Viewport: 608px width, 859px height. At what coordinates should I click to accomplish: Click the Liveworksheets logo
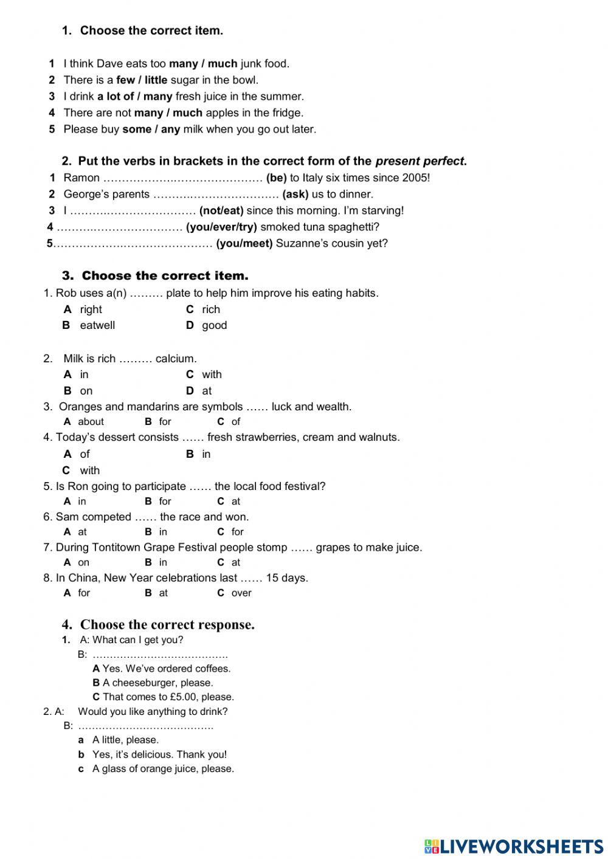513,846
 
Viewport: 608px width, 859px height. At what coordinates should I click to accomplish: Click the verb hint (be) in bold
276,178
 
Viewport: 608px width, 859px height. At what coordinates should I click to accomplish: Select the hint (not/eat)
221,210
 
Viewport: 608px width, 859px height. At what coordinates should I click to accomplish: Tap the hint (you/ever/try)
221,227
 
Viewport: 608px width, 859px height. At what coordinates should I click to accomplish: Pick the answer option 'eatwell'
97,325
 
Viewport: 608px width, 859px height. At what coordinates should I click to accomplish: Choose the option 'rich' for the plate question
211,309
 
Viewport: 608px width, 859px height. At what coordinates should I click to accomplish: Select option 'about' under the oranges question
91,421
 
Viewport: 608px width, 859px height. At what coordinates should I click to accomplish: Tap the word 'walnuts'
379,437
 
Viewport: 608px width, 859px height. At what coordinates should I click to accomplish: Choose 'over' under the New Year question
241,593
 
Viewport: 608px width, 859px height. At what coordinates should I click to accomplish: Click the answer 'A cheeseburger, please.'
157,683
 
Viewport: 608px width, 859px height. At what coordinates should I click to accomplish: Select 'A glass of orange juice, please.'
163,768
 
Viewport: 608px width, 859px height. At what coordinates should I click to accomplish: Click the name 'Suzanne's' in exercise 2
300,243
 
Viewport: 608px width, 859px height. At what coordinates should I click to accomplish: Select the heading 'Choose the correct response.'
167,624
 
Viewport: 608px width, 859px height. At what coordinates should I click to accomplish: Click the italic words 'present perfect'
420,161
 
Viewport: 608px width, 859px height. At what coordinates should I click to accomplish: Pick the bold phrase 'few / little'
142,80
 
